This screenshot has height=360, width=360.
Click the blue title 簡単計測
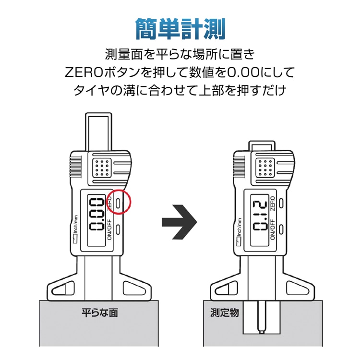click(x=180, y=29)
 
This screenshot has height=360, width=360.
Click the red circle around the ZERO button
click(x=119, y=202)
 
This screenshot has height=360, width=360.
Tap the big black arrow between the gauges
click(x=180, y=222)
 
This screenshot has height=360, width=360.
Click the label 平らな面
click(x=100, y=312)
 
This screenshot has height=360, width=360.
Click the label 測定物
click(x=225, y=312)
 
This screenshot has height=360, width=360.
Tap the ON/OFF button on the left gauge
click(x=118, y=229)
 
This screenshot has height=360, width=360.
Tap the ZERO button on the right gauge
click(x=281, y=203)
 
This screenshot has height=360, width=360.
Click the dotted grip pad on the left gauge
click(x=102, y=168)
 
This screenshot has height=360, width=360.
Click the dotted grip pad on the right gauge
click(x=265, y=168)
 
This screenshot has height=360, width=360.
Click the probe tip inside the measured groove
click(x=261, y=332)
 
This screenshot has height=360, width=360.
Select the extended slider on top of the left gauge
click(x=98, y=132)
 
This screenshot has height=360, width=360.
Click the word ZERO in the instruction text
click(x=84, y=72)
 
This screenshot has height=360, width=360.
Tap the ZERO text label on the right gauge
click(x=272, y=204)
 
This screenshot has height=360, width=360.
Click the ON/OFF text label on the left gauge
click(x=109, y=229)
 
